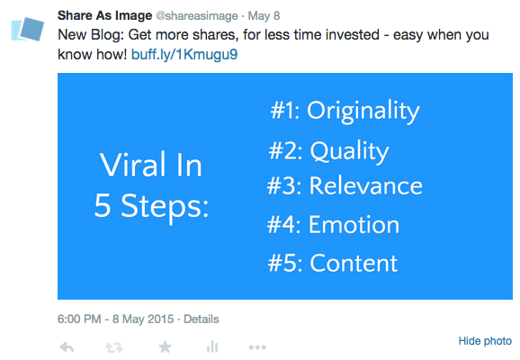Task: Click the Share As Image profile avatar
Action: click(28, 29)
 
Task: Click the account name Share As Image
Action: click(104, 15)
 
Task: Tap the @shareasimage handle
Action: click(197, 16)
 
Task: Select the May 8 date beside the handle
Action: click(264, 15)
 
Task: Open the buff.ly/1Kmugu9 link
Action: click(184, 54)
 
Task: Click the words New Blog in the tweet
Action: click(91, 34)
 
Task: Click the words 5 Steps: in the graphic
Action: click(151, 206)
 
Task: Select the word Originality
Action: click(363, 112)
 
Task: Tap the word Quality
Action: click(350, 151)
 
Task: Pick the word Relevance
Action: click(366, 185)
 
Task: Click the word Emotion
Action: click(354, 225)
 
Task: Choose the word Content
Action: click(354, 263)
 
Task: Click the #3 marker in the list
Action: click(282, 185)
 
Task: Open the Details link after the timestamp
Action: click(202, 319)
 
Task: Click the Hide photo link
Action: click(485, 341)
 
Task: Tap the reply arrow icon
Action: click(67, 347)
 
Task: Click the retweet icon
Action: click(114, 347)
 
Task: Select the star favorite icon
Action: click(165, 347)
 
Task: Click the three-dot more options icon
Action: click(257, 347)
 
